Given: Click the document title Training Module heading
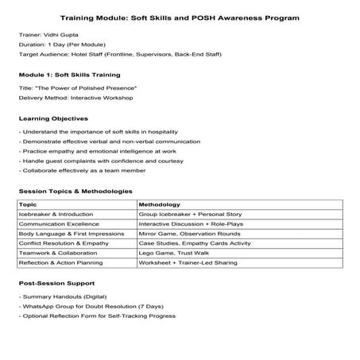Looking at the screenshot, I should point(180,17).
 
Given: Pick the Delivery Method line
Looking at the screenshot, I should point(75,98).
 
